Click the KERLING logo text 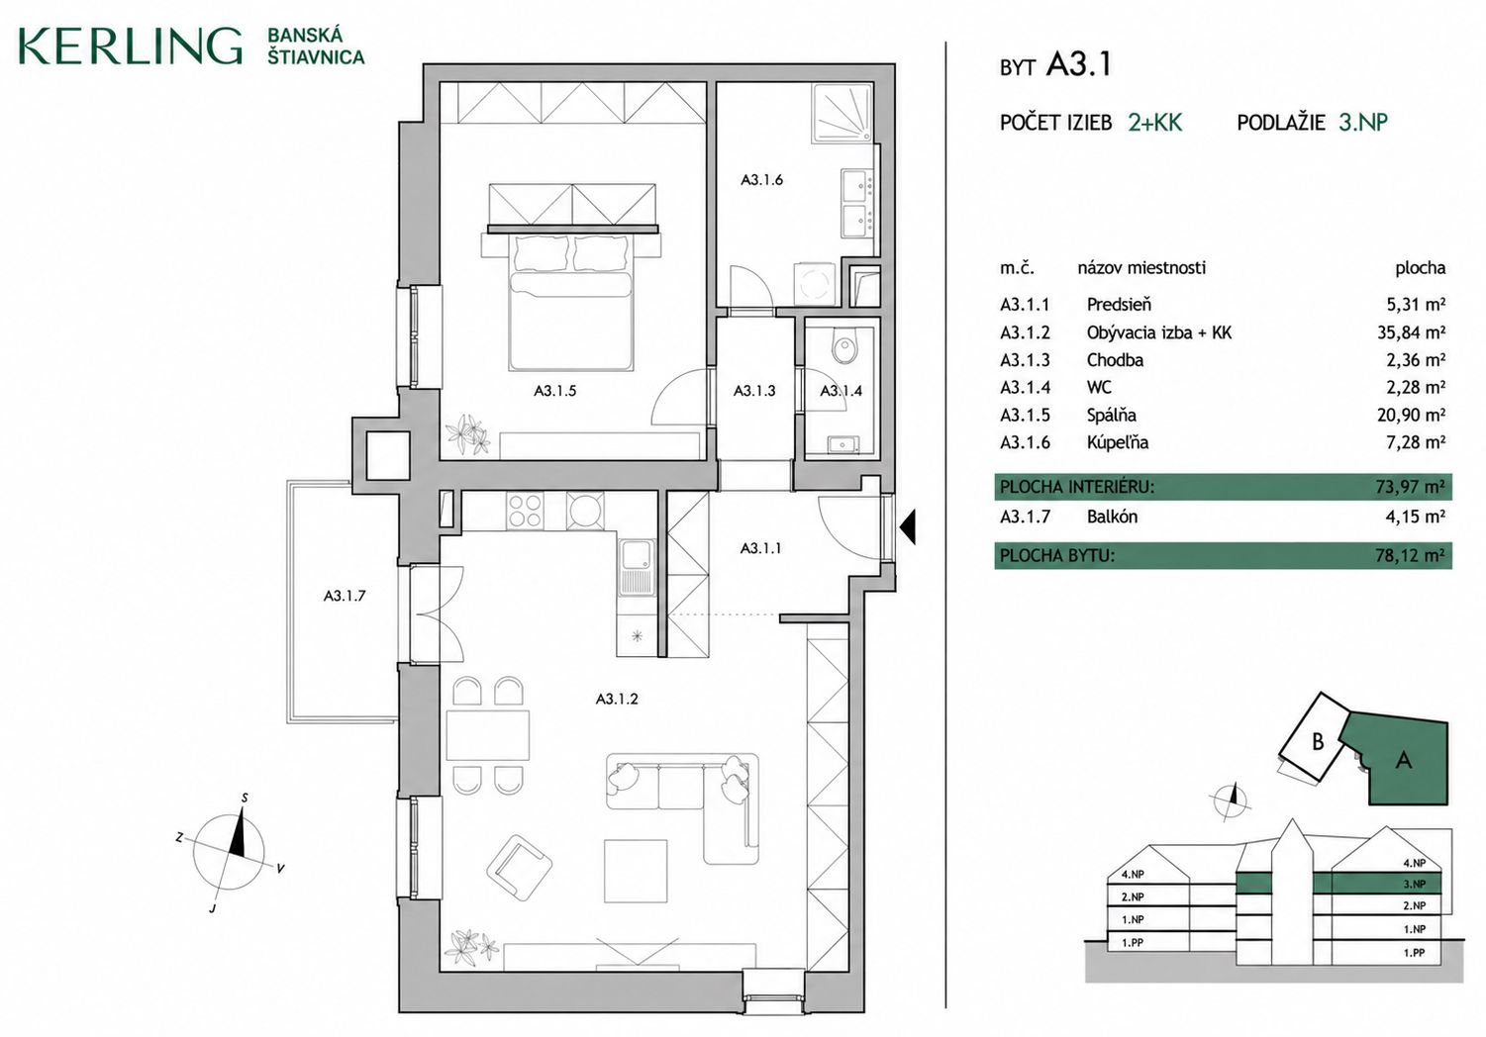pos(130,47)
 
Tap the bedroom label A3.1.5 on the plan pos(554,391)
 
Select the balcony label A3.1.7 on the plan pos(345,596)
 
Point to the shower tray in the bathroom pos(842,114)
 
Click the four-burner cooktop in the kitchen pos(525,511)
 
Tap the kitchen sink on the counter pos(637,567)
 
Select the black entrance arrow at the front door pos(908,527)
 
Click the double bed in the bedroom pos(570,302)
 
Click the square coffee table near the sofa pos(635,871)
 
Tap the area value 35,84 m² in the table pos(1411,332)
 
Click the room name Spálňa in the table pos(1111,416)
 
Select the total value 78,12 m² pos(1411,555)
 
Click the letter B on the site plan pos(1318,741)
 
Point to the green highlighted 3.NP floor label pos(1414,885)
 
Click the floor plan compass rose pos(229,852)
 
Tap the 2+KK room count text pos(1155,123)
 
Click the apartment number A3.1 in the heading pos(1078,65)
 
